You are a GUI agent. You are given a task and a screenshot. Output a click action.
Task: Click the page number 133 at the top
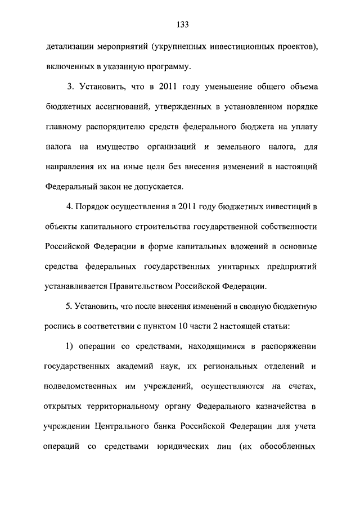coord(182,24)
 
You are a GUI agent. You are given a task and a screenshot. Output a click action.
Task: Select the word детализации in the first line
coord(69,48)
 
